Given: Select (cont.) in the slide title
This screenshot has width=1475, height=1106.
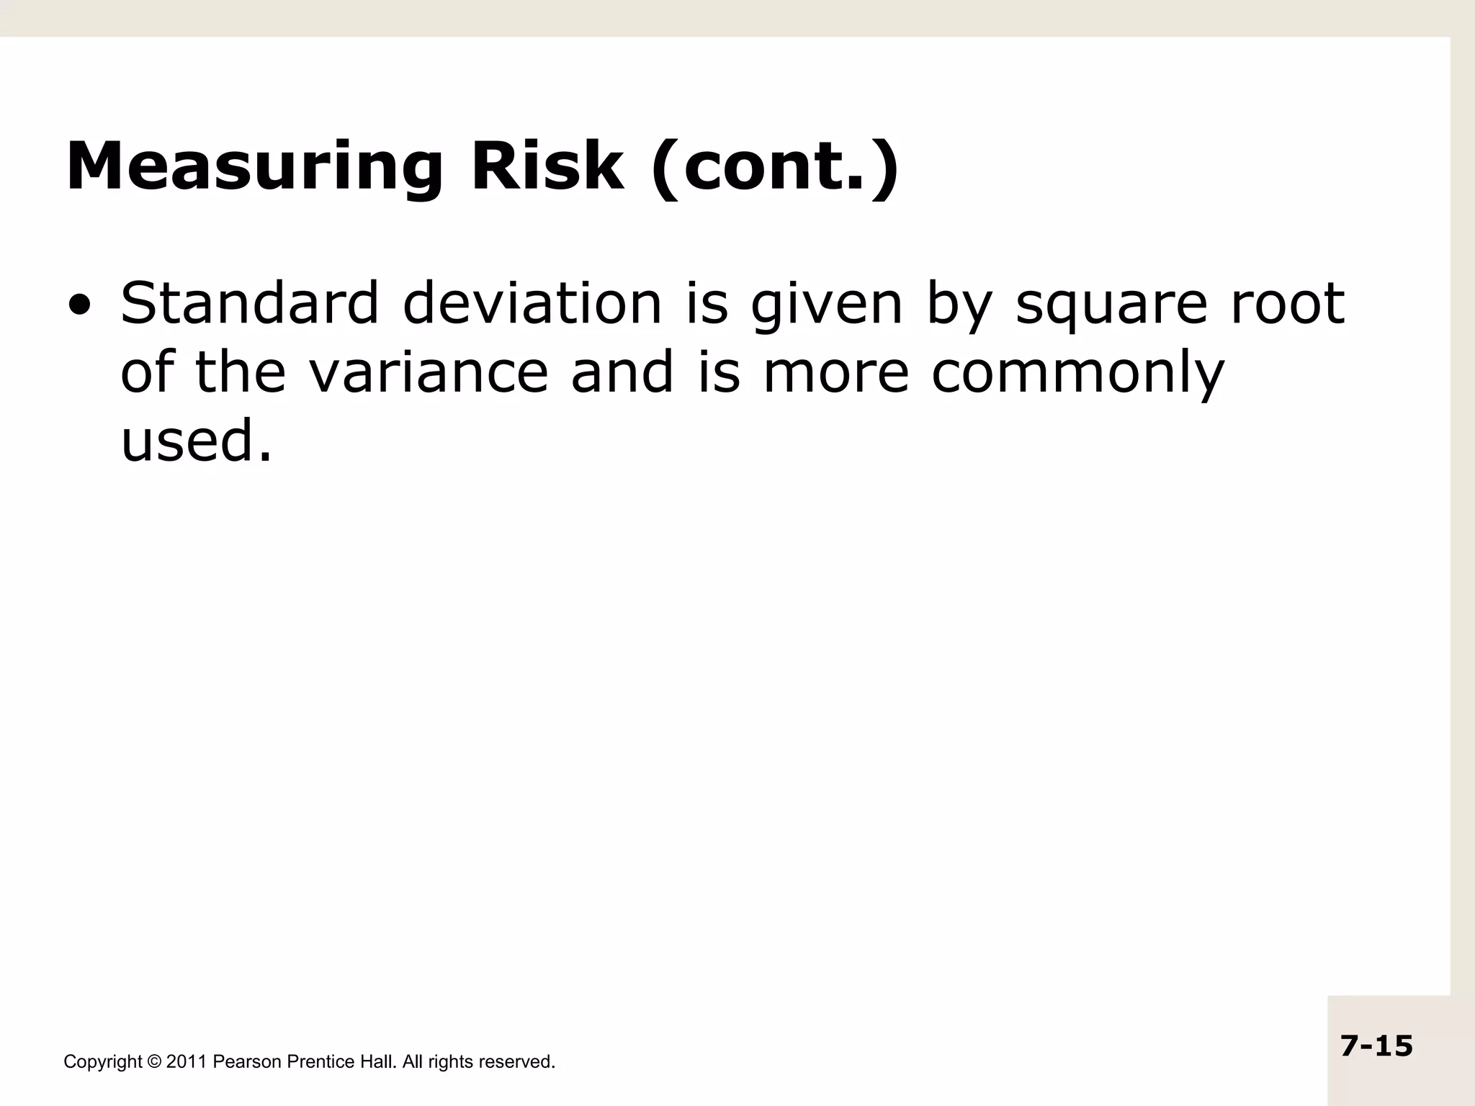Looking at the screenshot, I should [x=775, y=167].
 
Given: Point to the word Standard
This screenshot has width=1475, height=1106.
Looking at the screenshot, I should [x=249, y=303].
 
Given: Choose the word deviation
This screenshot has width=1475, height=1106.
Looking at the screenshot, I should [x=532, y=303].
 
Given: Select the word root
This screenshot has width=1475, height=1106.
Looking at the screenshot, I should [x=1287, y=303].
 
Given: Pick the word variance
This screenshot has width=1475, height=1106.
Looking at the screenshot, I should [x=429, y=372].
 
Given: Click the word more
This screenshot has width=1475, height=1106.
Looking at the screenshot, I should [x=835, y=374].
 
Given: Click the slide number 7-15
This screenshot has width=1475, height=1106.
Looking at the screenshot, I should [x=1376, y=1046].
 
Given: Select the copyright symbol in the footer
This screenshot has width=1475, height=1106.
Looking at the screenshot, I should [x=154, y=1062].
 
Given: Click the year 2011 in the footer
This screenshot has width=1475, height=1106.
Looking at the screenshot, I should [x=187, y=1062].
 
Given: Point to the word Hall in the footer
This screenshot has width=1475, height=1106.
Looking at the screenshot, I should [x=377, y=1062].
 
